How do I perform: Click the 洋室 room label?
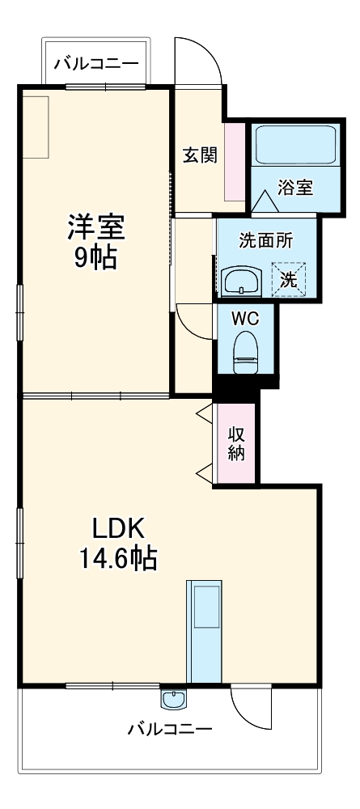(95, 227)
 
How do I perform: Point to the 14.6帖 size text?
(117, 558)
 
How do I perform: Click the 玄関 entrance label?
(199, 155)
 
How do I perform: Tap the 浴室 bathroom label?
(295, 187)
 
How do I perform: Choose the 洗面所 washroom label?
(265, 239)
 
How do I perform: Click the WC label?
(245, 318)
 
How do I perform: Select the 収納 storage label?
(235, 443)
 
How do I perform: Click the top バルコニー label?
(95, 63)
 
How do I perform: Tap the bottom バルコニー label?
(170, 729)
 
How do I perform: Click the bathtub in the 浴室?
(295, 145)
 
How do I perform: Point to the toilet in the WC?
(244, 352)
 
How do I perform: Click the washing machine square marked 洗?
(288, 279)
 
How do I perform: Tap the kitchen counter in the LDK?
(203, 631)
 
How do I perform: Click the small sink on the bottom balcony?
(172, 697)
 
